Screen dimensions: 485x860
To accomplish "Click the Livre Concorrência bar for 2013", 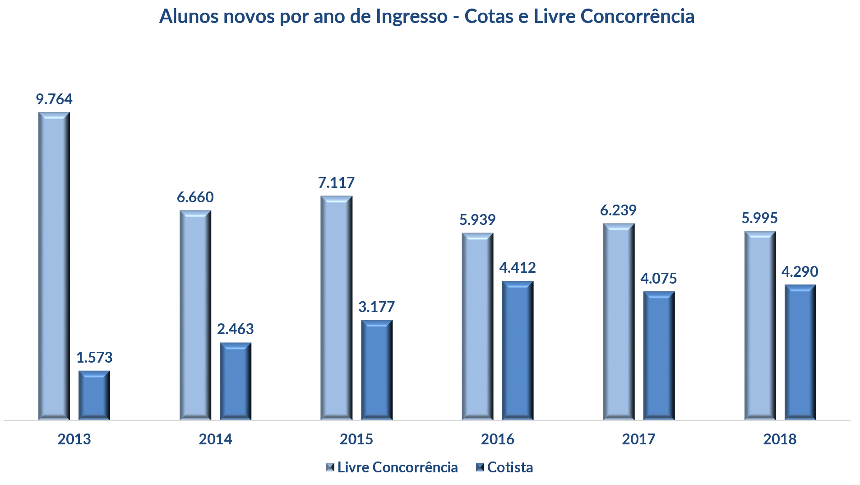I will [54, 266].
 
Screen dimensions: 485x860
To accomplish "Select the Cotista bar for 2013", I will [94, 395].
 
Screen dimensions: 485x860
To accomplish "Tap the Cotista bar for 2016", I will [518, 350].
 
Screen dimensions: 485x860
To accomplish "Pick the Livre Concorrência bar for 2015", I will [336, 308].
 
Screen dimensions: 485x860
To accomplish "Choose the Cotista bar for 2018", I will [800, 352].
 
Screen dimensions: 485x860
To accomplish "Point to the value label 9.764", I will [54, 99].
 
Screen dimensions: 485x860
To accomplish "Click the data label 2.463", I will [236, 329].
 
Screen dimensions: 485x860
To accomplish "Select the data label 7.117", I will [336, 183].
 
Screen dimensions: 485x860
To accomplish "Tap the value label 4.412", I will [518, 268].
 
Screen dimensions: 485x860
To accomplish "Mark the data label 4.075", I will [659, 279].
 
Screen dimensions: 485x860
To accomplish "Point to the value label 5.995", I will [760, 218].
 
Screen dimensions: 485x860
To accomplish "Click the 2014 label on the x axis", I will [215, 439].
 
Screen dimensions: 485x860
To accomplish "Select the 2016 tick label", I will [497, 439].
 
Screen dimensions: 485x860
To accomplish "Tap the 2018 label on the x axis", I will [780, 439].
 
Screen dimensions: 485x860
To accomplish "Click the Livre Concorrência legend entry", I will [397, 467].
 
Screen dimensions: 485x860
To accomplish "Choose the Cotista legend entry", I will [510, 467].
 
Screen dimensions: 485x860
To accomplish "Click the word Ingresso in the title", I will [412, 17].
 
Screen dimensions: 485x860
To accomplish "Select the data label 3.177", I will [376, 307].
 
